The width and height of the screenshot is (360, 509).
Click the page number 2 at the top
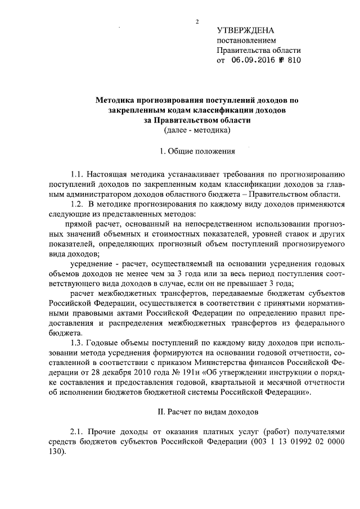coord(197,22)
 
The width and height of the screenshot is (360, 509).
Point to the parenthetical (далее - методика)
coord(197,130)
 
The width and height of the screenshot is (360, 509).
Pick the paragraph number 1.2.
coord(78,204)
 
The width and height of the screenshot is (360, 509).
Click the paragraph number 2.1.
coord(78,432)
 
